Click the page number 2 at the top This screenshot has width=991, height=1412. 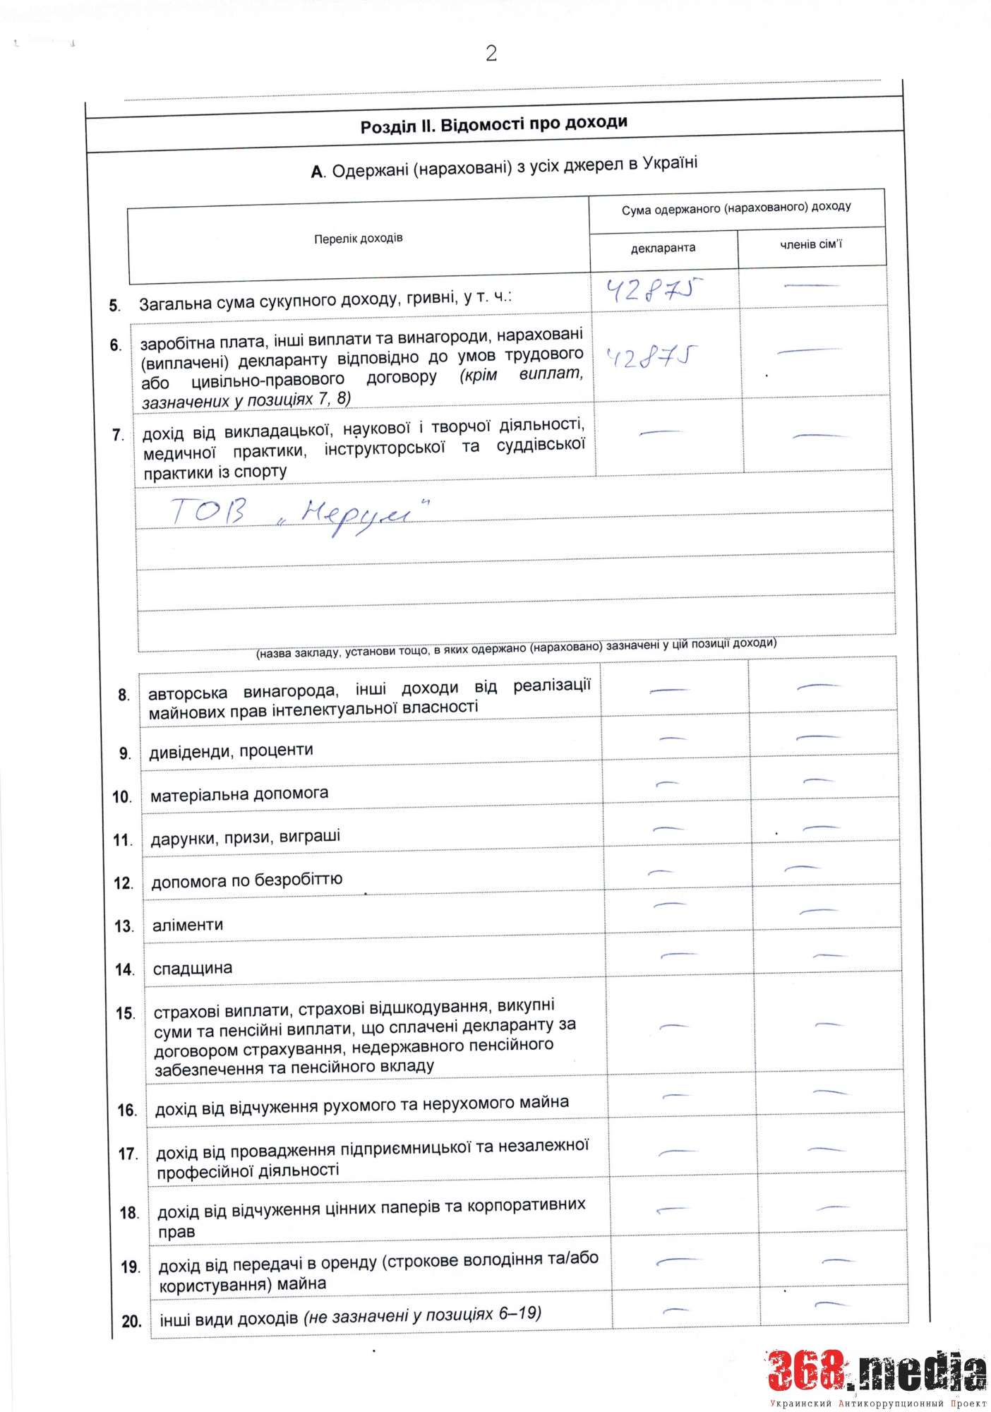[x=491, y=53]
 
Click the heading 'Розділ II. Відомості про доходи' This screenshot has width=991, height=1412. [x=493, y=124]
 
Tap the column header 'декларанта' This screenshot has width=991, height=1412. [x=663, y=248]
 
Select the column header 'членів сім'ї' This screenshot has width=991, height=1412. [x=810, y=244]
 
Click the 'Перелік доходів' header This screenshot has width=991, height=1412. [x=358, y=239]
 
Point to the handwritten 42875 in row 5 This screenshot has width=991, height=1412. [x=655, y=290]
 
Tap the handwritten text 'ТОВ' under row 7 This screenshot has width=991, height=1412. [x=209, y=510]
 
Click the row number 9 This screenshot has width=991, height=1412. [x=124, y=753]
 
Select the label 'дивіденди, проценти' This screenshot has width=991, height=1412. [x=231, y=750]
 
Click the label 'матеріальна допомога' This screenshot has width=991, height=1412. [x=239, y=794]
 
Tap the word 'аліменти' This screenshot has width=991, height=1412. [x=188, y=925]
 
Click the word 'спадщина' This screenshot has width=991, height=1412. [x=192, y=969]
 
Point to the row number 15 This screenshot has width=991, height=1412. [x=125, y=1013]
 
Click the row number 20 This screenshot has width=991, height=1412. [x=131, y=1321]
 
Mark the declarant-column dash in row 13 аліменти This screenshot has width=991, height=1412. [x=670, y=904]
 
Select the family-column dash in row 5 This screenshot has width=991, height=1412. [x=811, y=286]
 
